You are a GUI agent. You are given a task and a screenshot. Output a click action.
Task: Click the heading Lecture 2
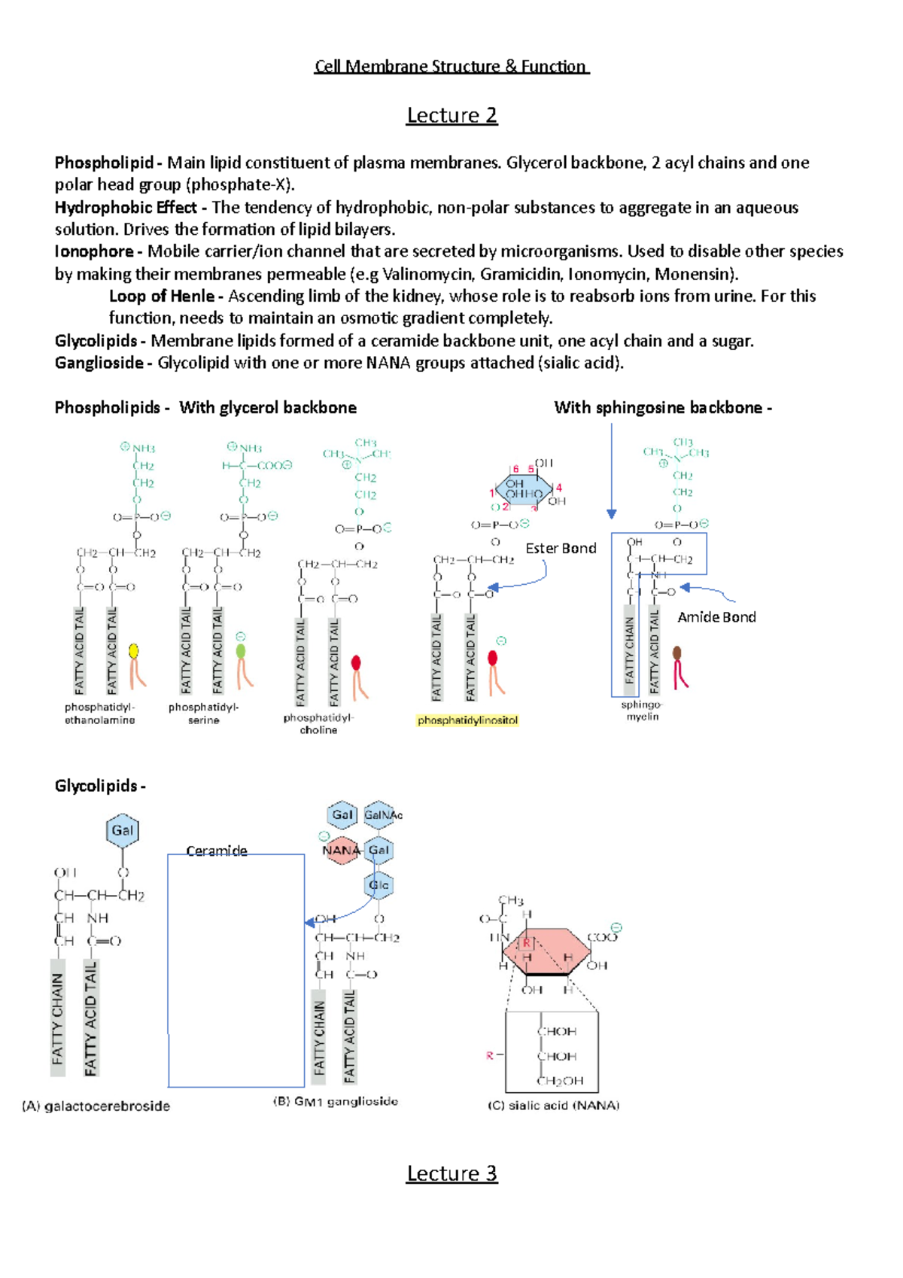451,115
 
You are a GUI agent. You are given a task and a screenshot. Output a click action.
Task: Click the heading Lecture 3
451,1173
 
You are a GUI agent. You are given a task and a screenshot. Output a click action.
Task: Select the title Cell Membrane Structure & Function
451,66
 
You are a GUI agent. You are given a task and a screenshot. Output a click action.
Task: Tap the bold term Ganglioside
99,363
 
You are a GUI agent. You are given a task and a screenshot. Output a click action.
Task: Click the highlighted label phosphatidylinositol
467,720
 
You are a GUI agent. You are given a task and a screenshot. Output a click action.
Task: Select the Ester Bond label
561,549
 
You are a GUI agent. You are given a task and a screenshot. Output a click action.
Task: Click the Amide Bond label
716,617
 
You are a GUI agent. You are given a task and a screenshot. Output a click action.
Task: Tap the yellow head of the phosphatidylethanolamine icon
133,651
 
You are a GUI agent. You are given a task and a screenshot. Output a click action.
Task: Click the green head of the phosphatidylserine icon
241,651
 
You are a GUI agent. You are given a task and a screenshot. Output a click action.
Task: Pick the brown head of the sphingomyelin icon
677,653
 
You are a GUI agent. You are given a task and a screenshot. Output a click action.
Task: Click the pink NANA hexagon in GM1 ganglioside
341,850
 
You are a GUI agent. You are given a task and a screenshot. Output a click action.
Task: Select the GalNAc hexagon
382,815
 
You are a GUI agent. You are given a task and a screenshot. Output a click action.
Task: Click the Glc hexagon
379,885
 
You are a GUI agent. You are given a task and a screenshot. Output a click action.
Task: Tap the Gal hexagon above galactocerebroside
122,831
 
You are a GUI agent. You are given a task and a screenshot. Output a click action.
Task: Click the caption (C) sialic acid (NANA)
553,1106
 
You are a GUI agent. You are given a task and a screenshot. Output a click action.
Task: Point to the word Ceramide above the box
217,850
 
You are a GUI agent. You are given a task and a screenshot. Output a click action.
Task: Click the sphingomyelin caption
642,711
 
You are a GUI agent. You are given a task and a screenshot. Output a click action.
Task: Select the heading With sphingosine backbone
662,408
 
